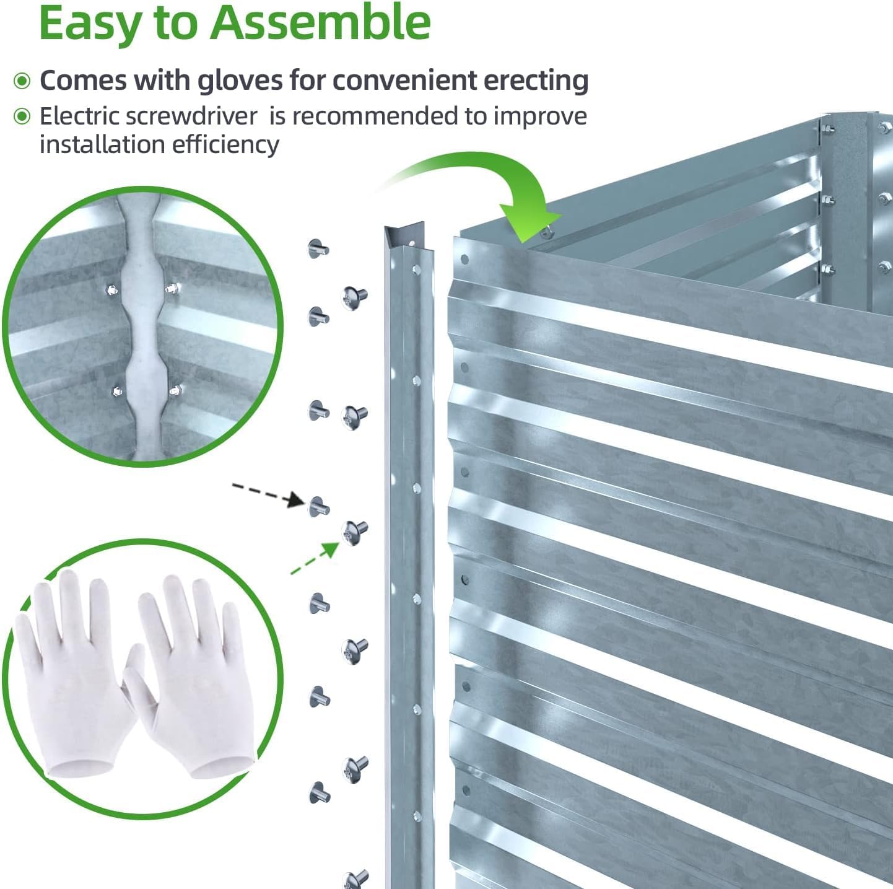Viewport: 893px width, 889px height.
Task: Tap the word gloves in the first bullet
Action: tap(240, 81)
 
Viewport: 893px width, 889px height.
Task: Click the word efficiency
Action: tap(225, 144)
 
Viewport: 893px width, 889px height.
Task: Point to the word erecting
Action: tap(536, 81)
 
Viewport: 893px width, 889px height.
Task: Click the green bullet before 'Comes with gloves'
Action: tap(22, 81)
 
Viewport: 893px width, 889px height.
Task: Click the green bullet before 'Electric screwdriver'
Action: tap(22, 116)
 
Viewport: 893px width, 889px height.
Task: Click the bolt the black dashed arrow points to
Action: tap(318, 506)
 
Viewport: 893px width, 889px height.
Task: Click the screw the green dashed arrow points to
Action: tap(354, 532)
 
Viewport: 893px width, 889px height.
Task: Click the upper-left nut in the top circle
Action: tap(111, 291)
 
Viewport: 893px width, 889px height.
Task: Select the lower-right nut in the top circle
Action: tap(175, 390)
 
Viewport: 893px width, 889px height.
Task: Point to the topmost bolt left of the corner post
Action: tap(318, 249)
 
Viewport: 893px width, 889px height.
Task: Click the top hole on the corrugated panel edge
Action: tap(465, 259)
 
